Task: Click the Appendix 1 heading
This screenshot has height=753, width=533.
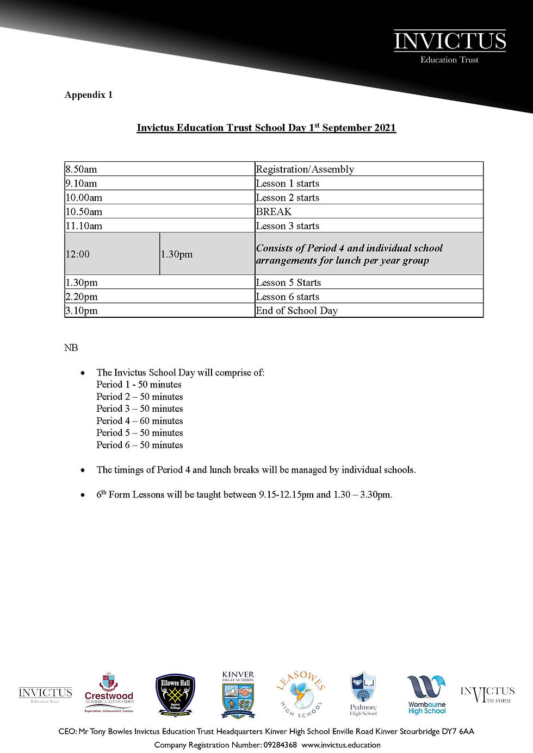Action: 88,95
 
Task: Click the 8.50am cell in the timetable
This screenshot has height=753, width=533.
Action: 82,170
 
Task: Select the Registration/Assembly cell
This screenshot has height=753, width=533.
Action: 305,170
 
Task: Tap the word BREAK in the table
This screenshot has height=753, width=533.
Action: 274,212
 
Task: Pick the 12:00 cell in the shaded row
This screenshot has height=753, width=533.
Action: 78,254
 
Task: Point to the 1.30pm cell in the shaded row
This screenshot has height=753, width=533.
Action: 177,254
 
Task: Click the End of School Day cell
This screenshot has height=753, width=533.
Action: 296,311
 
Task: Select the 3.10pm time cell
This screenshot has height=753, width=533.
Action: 82,311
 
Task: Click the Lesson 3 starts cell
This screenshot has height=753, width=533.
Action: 287,226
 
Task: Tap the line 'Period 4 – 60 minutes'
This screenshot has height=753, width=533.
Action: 140,421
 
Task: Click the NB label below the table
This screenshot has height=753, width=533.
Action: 71,348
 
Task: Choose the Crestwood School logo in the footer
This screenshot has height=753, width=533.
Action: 109,694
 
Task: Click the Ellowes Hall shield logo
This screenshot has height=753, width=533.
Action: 175,695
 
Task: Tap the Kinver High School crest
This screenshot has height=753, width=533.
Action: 238,694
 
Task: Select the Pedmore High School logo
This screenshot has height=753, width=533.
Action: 363,694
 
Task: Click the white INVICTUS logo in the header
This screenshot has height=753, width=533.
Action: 450,46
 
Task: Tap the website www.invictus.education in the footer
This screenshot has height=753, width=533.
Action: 341,745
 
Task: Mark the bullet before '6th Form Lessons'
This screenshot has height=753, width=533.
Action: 83,495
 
